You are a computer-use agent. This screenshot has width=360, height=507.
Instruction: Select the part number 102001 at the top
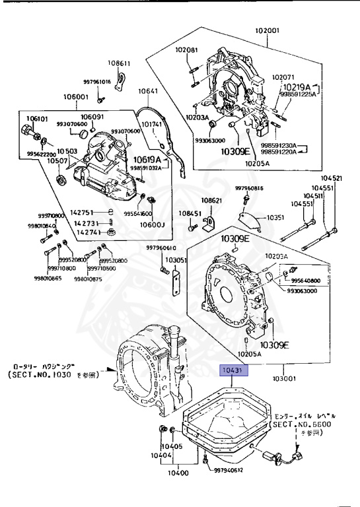[269, 30]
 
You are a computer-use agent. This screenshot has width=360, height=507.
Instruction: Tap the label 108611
[120, 63]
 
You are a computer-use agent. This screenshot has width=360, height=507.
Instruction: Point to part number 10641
[148, 92]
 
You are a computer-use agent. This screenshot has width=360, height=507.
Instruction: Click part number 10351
[275, 217]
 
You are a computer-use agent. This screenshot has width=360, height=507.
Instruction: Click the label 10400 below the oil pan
[178, 473]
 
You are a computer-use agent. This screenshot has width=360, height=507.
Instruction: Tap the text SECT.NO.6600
[303, 426]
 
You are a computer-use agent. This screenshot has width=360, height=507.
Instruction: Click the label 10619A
[149, 159]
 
